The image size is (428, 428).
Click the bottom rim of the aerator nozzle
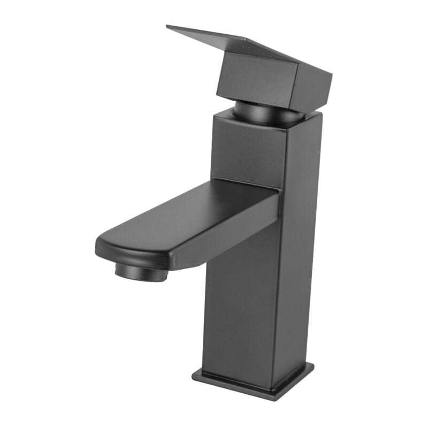tap(141, 278)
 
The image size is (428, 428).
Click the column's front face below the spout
tap(241, 310)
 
